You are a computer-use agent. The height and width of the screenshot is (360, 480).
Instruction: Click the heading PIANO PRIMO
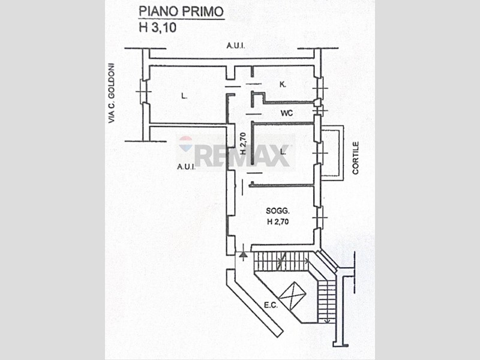tap(181, 11)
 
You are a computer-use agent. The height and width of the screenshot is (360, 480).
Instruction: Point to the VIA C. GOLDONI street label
tap(111, 94)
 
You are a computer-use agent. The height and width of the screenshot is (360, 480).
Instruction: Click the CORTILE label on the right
tap(355, 158)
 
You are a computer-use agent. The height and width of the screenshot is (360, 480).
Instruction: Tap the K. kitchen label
tap(282, 85)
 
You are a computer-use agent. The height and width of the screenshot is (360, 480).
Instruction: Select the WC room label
tap(287, 112)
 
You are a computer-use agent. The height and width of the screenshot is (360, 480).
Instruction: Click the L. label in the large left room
tap(183, 95)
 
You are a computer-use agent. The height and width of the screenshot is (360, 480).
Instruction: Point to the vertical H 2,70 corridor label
tap(242, 144)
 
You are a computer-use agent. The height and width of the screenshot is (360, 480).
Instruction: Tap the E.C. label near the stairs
tap(271, 305)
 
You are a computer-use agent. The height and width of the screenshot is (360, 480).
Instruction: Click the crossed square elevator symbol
tap(293, 295)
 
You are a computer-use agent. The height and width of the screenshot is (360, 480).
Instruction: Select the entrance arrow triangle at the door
tap(243, 255)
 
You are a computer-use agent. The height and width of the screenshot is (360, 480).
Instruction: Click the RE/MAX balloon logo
tap(186, 144)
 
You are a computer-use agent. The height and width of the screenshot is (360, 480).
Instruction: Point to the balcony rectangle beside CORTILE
tap(333, 152)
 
